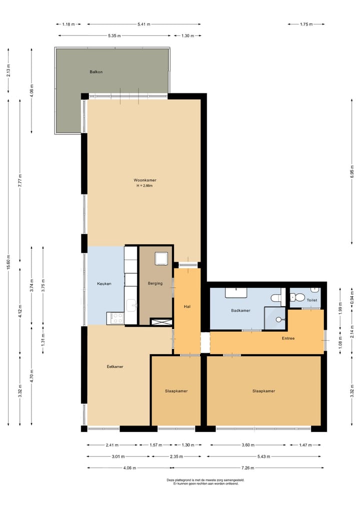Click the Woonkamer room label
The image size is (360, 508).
(144, 180)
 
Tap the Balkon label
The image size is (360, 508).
(96, 72)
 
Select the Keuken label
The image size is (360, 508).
(103, 284)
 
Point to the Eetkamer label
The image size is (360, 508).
(115, 367)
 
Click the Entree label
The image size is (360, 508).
(288, 338)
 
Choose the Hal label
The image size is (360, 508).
(187, 307)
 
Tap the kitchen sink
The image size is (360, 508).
(131, 304)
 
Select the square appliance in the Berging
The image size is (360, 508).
(161, 258)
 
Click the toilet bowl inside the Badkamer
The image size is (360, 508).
(276, 299)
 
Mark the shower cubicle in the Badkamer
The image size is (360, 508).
(274, 318)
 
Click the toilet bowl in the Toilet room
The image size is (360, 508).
(298, 298)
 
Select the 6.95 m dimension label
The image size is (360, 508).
(352, 171)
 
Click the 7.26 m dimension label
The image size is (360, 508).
(248, 468)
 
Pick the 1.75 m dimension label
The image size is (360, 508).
(306, 24)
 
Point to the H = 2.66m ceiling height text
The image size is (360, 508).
(144, 186)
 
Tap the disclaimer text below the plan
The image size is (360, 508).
(205, 482)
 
